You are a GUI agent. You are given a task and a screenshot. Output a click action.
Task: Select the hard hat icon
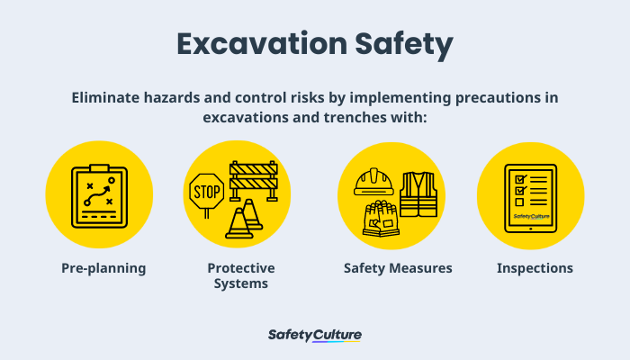(373, 182)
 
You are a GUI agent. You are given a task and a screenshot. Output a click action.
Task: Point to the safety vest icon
(418, 193)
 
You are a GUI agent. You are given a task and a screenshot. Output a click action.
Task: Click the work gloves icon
(381, 219)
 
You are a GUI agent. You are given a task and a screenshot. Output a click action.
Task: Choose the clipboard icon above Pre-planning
(99, 198)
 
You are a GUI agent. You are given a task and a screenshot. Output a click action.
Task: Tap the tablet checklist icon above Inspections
(530, 198)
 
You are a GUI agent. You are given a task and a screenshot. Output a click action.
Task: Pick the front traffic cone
(238, 223)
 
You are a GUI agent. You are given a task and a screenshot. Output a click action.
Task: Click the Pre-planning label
(103, 268)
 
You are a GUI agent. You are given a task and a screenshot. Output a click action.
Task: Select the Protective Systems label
(241, 275)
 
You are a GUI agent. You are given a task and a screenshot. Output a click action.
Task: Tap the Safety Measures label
(398, 268)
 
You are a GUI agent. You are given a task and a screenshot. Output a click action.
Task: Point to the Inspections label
(535, 268)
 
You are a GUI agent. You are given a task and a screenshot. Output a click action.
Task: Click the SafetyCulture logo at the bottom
(315, 336)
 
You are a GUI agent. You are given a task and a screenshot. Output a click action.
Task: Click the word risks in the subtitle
(306, 98)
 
